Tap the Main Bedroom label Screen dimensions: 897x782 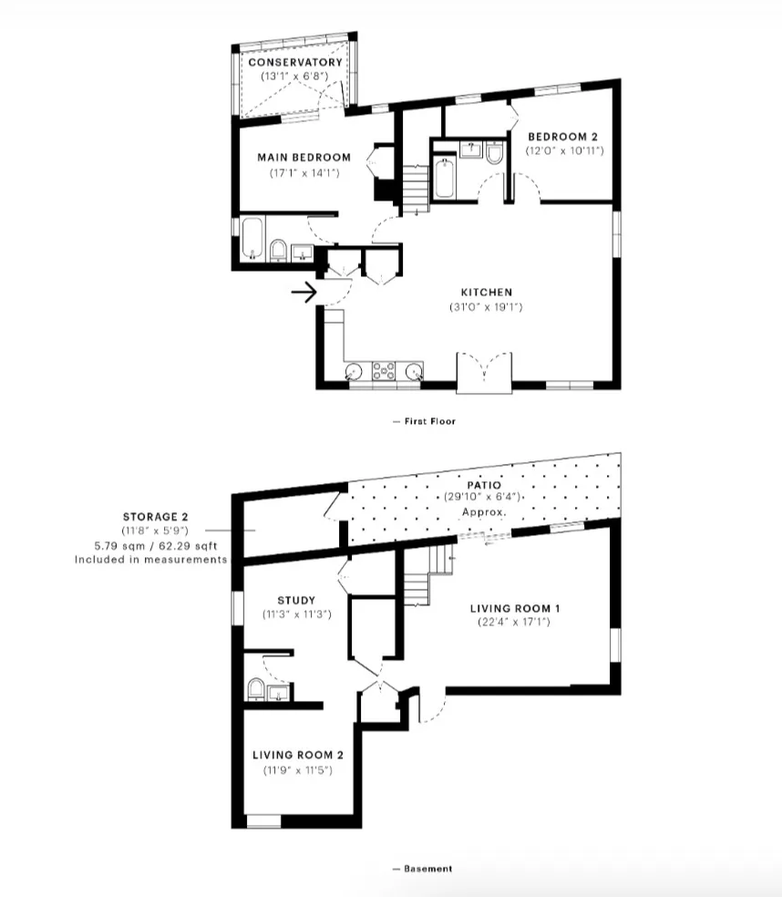(x=310, y=157)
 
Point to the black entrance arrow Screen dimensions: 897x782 (x=304, y=293)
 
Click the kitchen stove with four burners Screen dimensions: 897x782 (x=383, y=370)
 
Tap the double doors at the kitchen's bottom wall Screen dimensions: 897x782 (x=484, y=372)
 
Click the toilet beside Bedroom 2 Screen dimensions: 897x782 (x=494, y=155)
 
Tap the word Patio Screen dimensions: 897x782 (x=484, y=485)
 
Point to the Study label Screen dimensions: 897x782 (x=296, y=600)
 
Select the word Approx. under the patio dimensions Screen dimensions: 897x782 (x=484, y=512)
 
